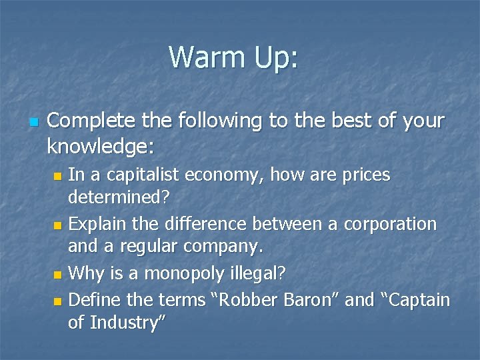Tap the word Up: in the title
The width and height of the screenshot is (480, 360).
(x=274, y=58)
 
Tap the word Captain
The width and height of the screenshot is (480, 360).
(x=416, y=300)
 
